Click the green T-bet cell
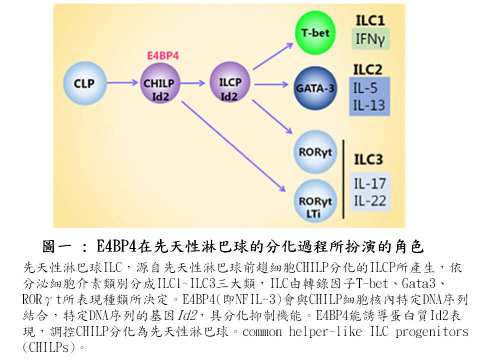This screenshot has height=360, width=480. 315,33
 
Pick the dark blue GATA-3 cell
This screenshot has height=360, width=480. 315,88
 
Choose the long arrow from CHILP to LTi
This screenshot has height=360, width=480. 232,145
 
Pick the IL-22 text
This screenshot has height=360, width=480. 370,201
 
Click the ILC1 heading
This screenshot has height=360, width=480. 370,20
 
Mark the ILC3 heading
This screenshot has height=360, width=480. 368,160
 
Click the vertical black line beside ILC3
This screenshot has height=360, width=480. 344,180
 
